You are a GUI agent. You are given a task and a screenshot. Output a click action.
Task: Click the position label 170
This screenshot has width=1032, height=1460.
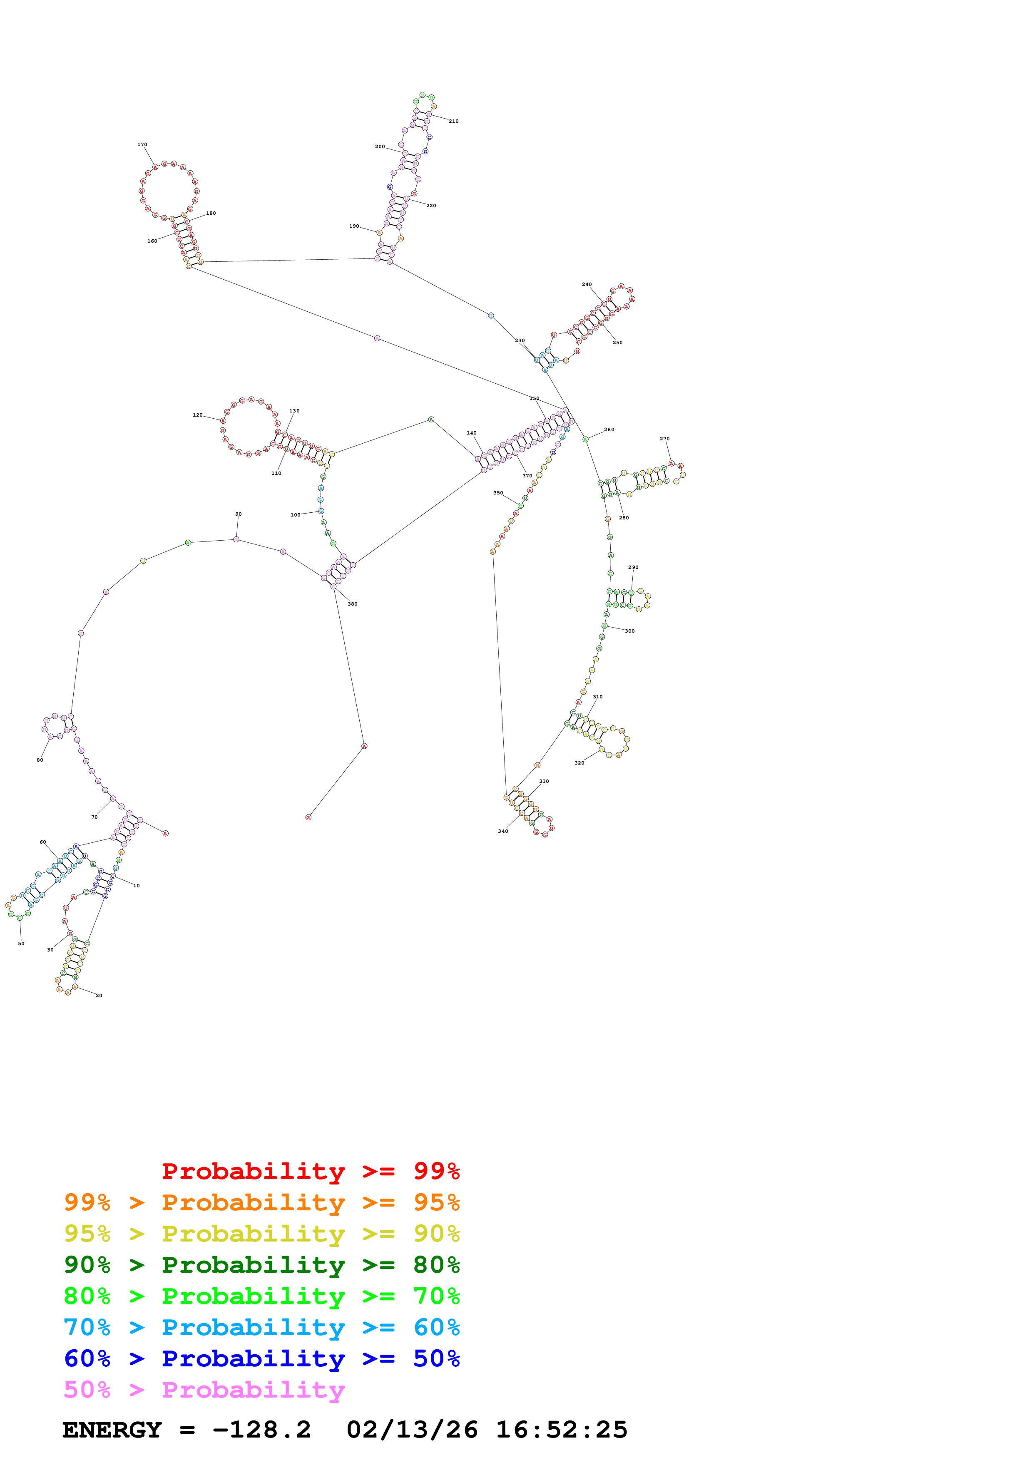coord(142,144)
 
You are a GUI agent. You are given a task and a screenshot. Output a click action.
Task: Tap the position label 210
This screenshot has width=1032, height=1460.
coord(453,121)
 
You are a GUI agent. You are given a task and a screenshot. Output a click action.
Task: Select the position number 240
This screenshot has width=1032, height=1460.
coord(587,284)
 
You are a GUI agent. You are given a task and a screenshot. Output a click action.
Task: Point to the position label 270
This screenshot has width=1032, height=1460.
coord(664,439)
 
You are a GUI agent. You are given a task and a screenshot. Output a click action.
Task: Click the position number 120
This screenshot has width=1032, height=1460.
coord(198,415)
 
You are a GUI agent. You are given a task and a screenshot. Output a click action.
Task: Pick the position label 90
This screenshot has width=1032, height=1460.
coord(239,514)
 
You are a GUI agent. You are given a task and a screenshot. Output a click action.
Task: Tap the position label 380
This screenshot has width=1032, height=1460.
coord(352,604)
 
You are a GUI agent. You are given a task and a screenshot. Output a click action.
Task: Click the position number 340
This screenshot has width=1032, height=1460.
coord(503,831)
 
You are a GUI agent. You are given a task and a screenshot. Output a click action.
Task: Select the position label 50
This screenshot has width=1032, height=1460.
coord(21,944)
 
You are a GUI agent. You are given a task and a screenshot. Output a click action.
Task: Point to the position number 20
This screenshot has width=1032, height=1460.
coord(99,996)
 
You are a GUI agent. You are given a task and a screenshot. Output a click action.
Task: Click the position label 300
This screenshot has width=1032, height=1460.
coord(629,631)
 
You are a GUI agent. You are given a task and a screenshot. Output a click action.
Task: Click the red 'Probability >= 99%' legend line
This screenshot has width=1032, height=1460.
coord(310,1171)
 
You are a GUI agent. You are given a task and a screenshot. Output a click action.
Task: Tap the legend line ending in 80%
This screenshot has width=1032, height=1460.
coord(261,1265)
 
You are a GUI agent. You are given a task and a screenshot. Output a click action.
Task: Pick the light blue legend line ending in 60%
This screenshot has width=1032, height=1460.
coord(261,1327)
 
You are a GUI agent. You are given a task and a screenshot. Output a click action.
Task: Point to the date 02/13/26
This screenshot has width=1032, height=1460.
coord(412,1430)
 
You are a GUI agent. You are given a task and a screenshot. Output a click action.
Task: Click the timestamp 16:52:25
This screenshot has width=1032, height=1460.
coord(562,1430)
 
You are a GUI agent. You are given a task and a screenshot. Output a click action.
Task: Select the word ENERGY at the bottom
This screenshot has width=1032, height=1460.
coord(112,1430)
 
